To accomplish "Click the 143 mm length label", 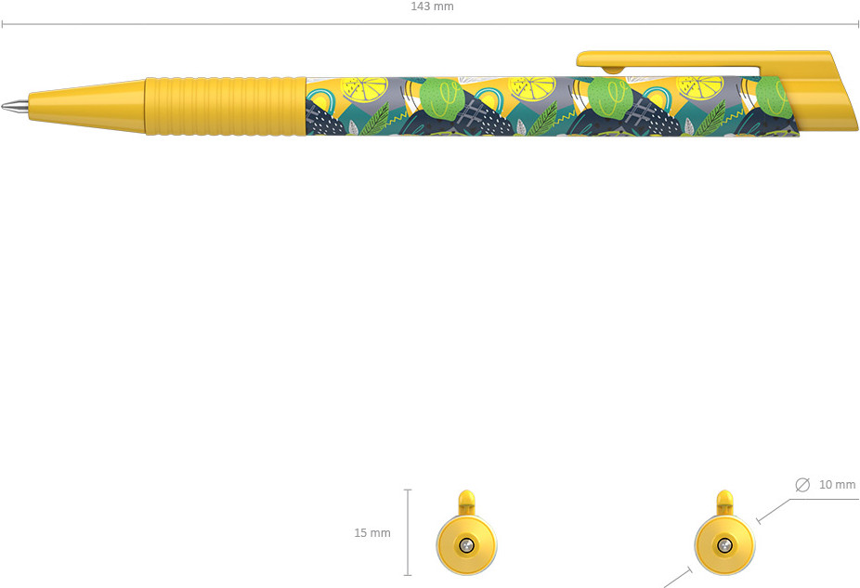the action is point(432,7).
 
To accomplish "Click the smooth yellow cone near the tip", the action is point(86,105).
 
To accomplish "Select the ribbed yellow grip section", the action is point(226,106).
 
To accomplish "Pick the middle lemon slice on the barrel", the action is point(531,87).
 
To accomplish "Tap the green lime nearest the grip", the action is point(441,98).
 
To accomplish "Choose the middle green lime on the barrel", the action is point(610,98).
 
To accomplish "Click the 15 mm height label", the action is point(372,532).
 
